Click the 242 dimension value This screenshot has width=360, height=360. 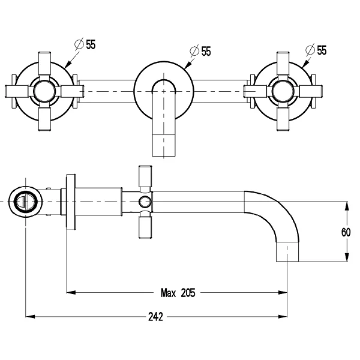click(x=155, y=316)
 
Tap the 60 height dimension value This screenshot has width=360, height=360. click(x=346, y=232)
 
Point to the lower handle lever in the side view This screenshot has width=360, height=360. click(x=144, y=226)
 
